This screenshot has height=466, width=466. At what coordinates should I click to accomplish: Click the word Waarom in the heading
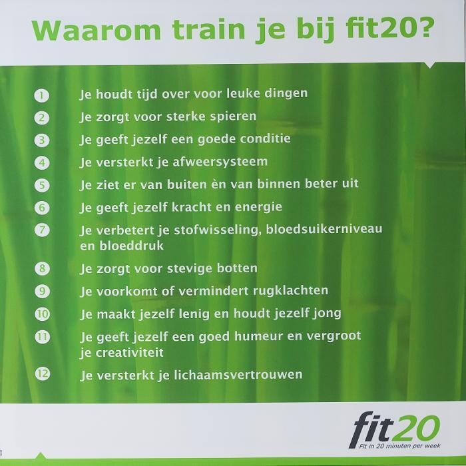click(97, 31)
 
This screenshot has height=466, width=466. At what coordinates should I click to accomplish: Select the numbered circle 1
click(41, 95)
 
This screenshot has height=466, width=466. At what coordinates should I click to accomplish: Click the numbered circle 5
click(42, 185)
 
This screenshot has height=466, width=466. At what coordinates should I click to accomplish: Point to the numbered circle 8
click(42, 268)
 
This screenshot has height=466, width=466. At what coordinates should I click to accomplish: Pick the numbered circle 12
click(43, 373)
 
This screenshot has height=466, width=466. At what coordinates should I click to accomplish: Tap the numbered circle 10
click(43, 314)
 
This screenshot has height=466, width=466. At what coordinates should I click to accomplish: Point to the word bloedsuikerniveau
click(324, 229)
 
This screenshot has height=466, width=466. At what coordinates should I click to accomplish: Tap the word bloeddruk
click(131, 246)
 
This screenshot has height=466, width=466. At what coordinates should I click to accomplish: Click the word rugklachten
click(291, 291)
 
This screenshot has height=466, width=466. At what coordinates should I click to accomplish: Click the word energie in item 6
click(258, 207)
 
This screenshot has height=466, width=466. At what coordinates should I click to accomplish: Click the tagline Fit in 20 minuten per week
click(399, 446)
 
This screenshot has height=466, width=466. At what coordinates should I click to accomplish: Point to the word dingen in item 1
click(286, 94)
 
